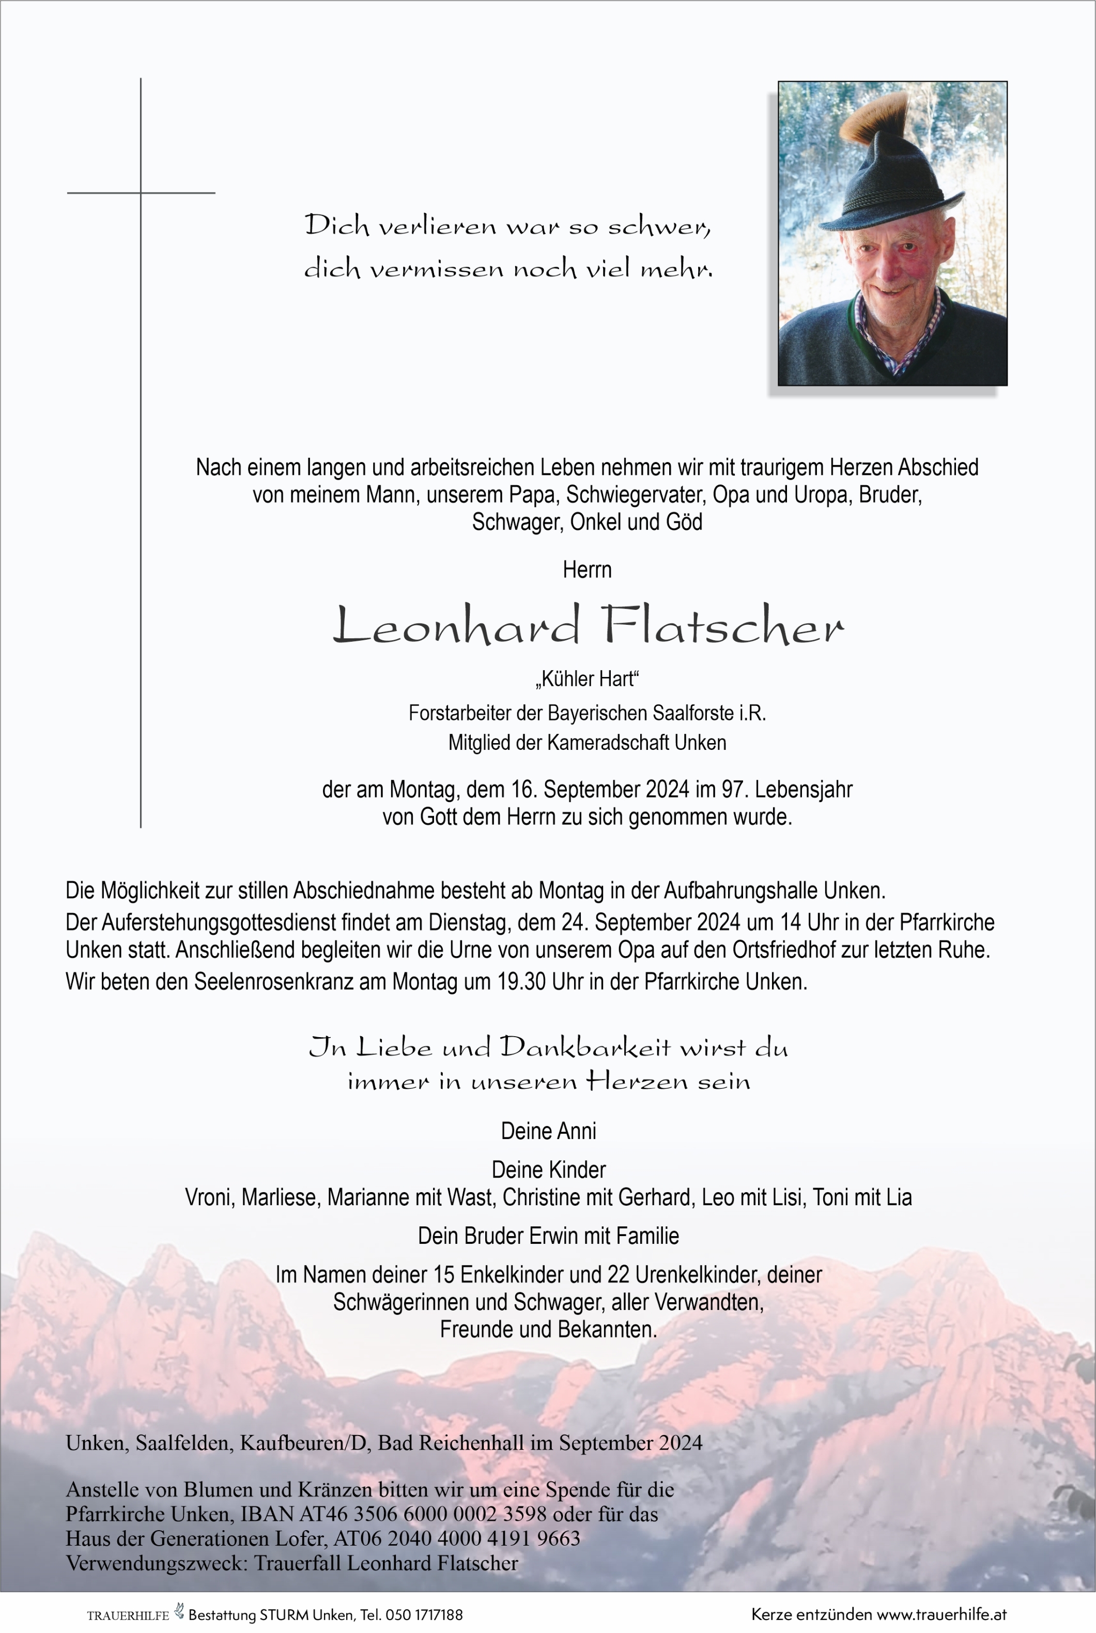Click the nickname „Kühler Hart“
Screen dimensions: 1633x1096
click(587, 679)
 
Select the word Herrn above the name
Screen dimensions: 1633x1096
click(587, 569)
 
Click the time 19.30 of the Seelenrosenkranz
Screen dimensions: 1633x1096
click(523, 981)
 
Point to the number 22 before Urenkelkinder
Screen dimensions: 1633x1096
click(618, 1274)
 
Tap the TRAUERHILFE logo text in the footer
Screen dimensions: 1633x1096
click(128, 1615)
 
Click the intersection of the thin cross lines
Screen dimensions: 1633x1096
click(141, 192)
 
